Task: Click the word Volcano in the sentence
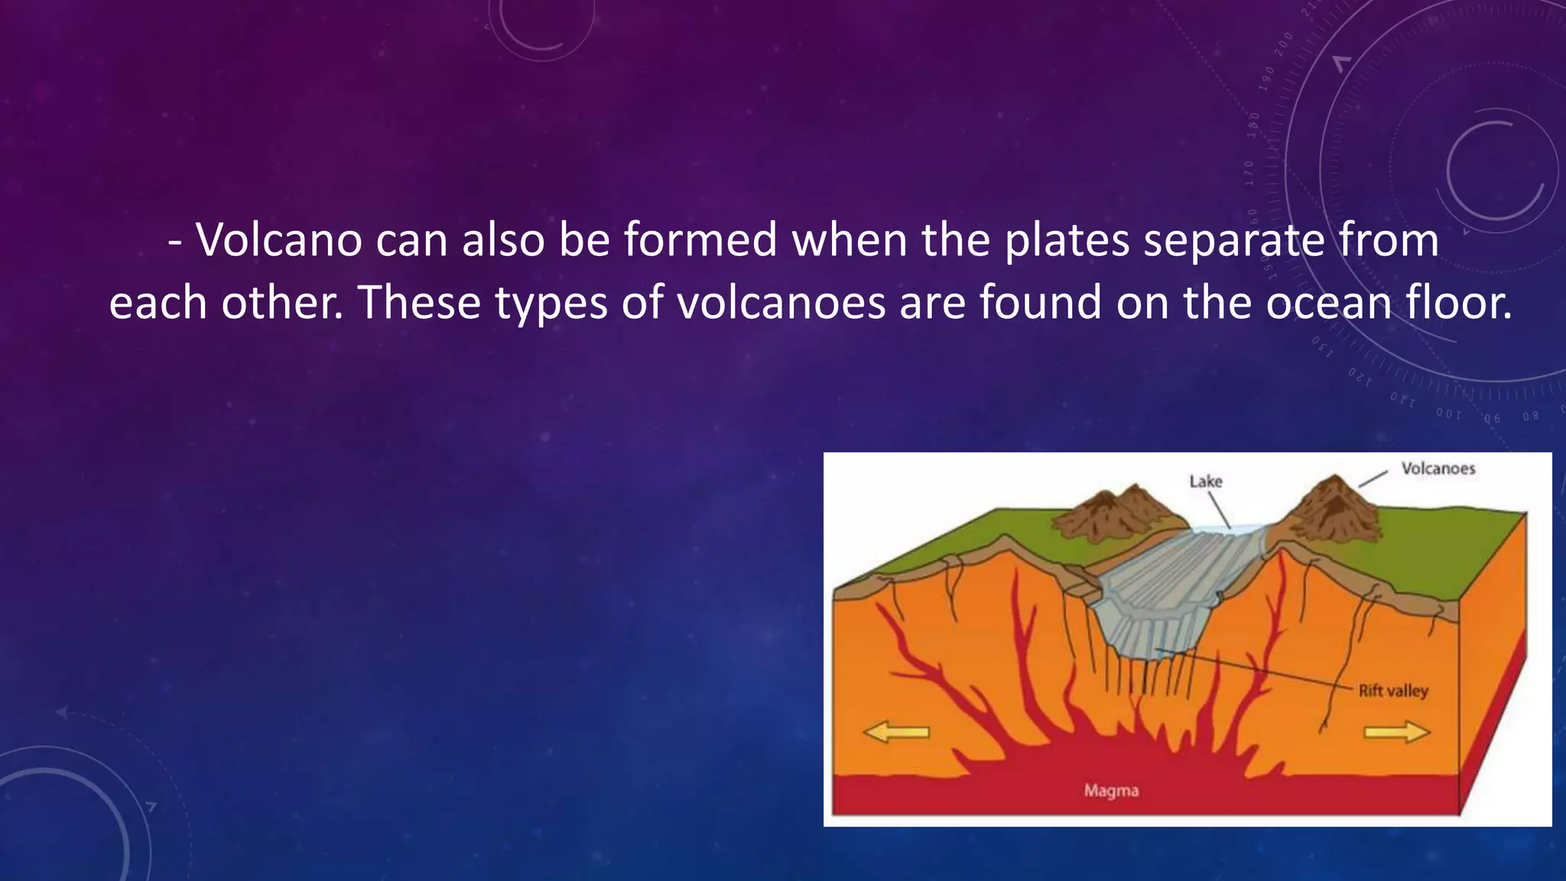click(279, 240)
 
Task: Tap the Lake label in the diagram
click(1206, 482)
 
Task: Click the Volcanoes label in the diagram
click(1438, 469)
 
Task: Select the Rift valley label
click(1393, 691)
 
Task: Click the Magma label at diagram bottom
click(1111, 791)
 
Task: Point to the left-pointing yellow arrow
click(896, 733)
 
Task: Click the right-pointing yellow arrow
click(1396, 733)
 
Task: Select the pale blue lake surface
click(1231, 529)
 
